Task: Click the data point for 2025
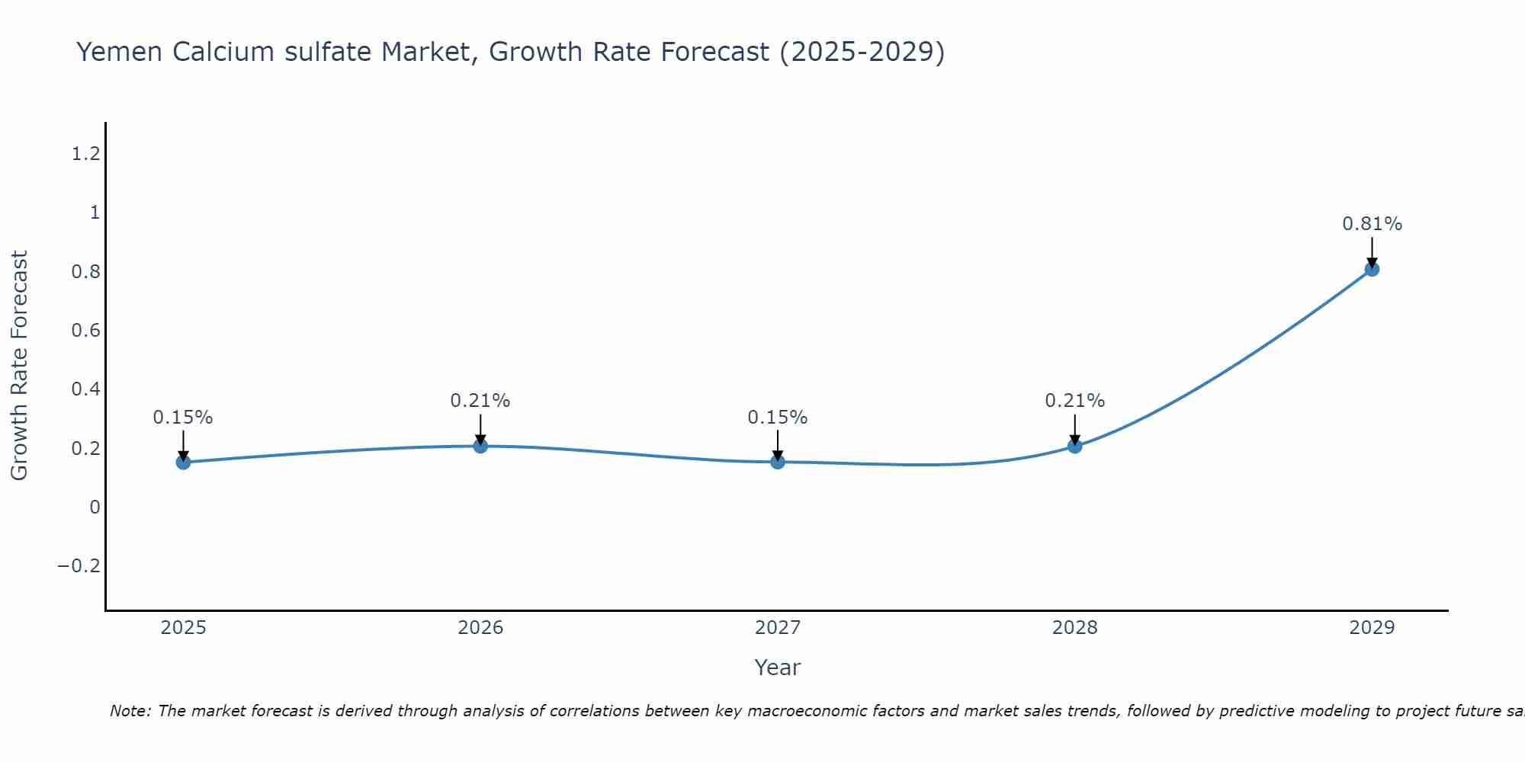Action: pyautogui.click(x=183, y=462)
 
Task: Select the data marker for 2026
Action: pyautogui.click(x=480, y=446)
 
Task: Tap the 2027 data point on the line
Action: pyautogui.click(x=778, y=462)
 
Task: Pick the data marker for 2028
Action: pyautogui.click(x=1075, y=446)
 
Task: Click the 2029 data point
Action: pyautogui.click(x=1372, y=269)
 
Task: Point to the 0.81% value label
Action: pyautogui.click(x=1372, y=224)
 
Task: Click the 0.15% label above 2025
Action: pyautogui.click(x=183, y=418)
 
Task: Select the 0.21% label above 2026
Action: pyautogui.click(x=480, y=401)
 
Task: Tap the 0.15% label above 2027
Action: pyautogui.click(x=778, y=418)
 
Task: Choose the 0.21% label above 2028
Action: pyautogui.click(x=1075, y=401)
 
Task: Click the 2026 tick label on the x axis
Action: pyautogui.click(x=480, y=628)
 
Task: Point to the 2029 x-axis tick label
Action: pyautogui.click(x=1372, y=628)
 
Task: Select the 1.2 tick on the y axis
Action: pyautogui.click(x=86, y=155)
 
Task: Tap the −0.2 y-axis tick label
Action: pyautogui.click(x=79, y=566)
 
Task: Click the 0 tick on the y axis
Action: pyautogui.click(x=95, y=507)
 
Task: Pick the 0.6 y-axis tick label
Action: pyautogui.click(x=86, y=331)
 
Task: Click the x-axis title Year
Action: pyautogui.click(x=777, y=668)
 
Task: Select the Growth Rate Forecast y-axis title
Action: pyautogui.click(x=19, y=366)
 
